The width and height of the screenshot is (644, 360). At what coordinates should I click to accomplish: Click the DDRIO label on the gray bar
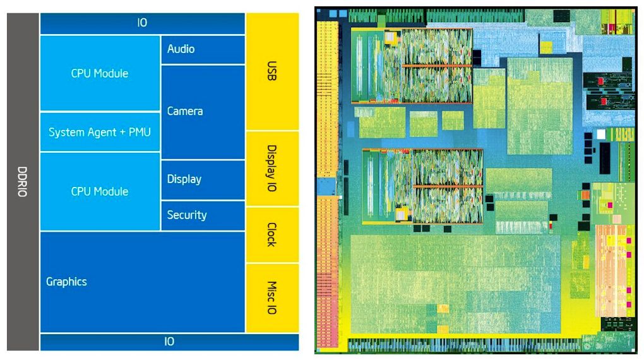pos(22,181)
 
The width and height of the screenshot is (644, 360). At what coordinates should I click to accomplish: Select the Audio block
pos(181,49)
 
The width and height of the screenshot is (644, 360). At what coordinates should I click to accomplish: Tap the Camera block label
pos(185,111)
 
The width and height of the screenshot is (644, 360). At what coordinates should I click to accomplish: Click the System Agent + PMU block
pos(100,132)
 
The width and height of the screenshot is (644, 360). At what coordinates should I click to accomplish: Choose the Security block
pos(187,215)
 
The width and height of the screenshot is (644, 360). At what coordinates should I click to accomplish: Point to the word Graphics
pos(66,282)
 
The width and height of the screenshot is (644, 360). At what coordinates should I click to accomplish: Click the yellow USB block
pos(271,71)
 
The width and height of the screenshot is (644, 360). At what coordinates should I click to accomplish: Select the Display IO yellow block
pos(271,168)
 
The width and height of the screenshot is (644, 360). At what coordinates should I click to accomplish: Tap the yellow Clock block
pos(271,234)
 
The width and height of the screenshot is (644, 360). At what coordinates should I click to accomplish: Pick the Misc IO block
pos(271,297)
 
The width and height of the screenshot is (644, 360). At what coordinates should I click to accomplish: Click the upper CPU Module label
pos(100,73)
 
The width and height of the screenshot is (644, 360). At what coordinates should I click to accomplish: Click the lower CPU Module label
pos(100,191)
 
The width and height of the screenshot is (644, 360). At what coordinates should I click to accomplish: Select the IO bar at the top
pos(142,23)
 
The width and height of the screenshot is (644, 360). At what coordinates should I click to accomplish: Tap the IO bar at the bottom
pos(169,342)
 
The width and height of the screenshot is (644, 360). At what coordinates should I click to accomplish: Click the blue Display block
pos(184,179)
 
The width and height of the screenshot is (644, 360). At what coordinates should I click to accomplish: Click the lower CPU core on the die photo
pos(420,186)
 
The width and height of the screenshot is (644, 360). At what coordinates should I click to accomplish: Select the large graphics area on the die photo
pos(455,284)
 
